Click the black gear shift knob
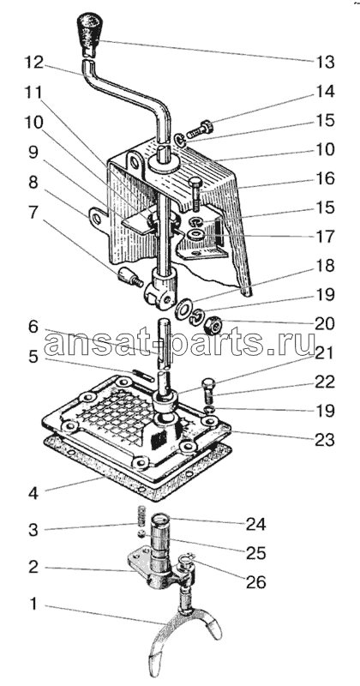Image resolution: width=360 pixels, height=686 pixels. tap(90, 34)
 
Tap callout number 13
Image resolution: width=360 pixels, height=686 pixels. tap(325, 63)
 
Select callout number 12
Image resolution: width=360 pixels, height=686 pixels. tap(33, 63)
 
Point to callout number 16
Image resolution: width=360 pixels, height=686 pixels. tap(325, 178)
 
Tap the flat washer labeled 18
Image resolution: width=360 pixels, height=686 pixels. tap(183, 308)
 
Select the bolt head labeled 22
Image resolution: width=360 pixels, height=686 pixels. tap(209, 387)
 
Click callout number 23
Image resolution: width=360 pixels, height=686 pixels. tap(325, 439)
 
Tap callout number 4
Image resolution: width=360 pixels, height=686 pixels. tap(33, 494)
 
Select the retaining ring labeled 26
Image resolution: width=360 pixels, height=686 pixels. tap(185, 562)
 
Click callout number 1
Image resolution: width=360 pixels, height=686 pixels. tap(33, 605)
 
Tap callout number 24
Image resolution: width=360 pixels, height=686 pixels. tap(256, 524)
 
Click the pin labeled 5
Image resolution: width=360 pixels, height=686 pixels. tap(143, 376)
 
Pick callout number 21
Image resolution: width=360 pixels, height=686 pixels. tap(325, 352)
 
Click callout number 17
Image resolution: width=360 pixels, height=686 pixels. tap(325, 237)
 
